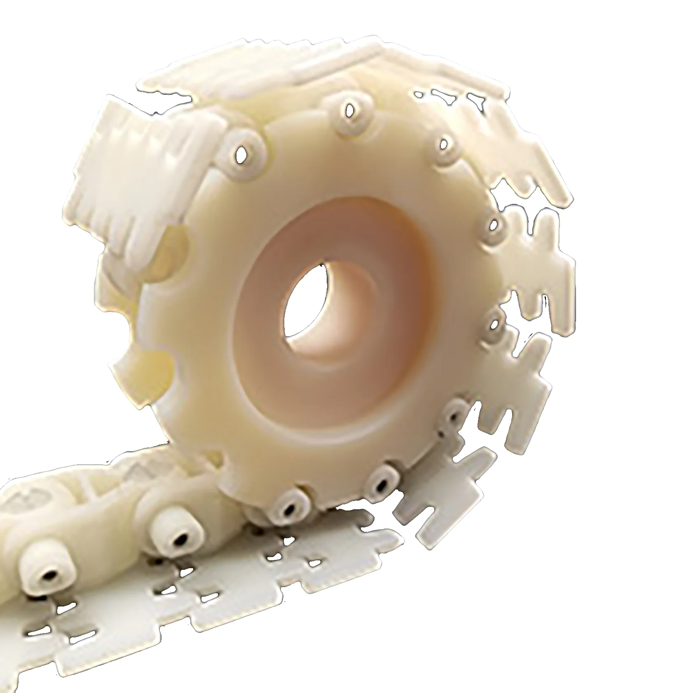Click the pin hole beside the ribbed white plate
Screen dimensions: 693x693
coord(246,153)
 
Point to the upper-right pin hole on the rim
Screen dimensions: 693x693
coord(444,144)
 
